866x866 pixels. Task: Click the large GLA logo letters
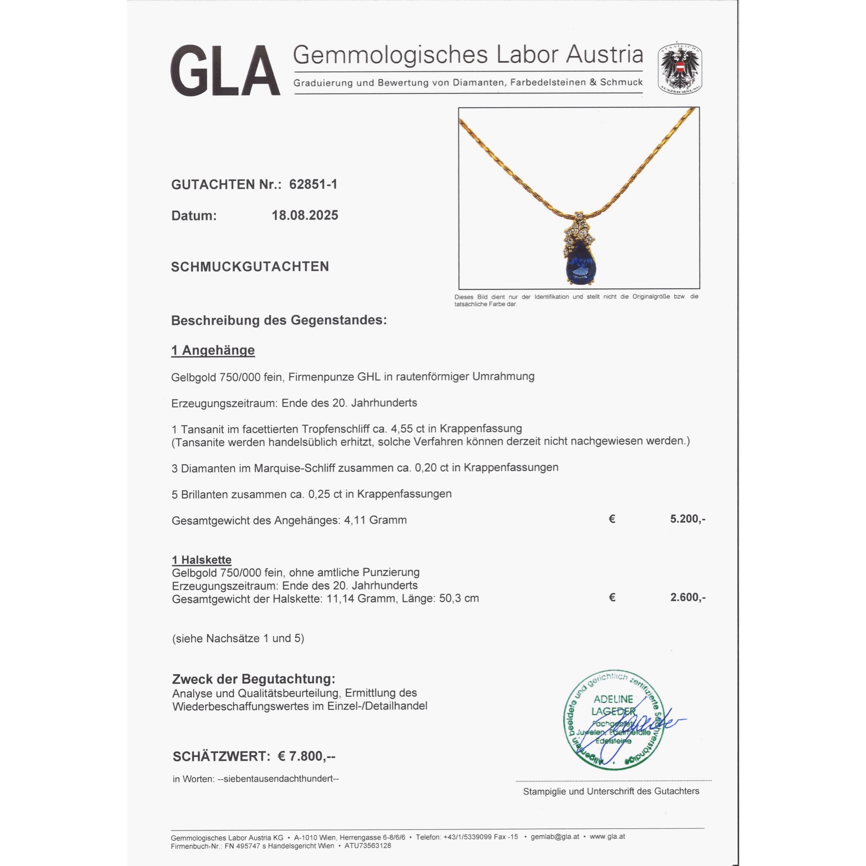225,71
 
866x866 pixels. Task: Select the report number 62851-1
313,184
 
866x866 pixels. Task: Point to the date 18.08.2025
305,216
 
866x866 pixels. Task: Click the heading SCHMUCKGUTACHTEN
250,267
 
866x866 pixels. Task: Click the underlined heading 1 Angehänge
213,350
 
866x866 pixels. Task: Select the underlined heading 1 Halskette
202,560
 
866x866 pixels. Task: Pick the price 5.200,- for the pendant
688,519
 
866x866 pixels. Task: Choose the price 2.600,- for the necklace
688,597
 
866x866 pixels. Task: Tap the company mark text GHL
368,377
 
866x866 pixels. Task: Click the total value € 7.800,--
307,756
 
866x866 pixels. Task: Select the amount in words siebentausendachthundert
278,779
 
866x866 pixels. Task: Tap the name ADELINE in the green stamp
613,699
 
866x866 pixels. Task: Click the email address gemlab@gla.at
555,837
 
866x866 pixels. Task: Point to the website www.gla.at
607,837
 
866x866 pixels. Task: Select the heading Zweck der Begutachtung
254,679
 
